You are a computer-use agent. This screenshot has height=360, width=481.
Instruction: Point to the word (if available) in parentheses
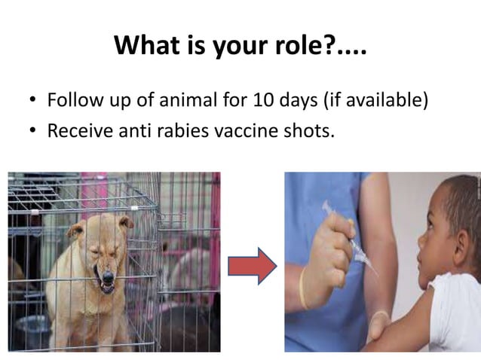[x=372, y=100]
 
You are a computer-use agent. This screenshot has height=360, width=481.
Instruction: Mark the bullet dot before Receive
[x=32, y=131]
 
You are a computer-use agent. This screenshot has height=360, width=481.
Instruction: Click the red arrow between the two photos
[x=252, y=266]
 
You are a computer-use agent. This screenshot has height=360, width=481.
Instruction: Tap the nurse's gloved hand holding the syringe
[x=325, y=252]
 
